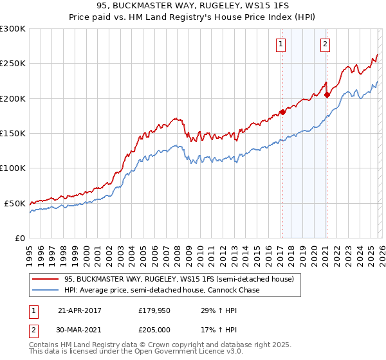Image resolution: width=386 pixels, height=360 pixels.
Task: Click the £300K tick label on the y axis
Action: click(x=13, y=29)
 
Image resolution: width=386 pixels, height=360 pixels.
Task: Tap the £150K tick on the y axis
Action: click(x=13, y=133)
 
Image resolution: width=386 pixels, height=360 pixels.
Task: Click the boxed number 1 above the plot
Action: click(x=282, y=44)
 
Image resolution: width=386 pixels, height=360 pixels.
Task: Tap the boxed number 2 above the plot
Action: click(x=326, y=44)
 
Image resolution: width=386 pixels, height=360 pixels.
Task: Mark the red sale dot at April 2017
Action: click(x=282, y=113)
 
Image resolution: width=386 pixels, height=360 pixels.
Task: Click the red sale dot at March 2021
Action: click(x=327, y=95)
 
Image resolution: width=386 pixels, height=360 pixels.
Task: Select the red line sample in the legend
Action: click(x=45, y=279)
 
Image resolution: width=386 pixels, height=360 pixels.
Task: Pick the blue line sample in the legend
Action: click(x=45, y=290)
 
